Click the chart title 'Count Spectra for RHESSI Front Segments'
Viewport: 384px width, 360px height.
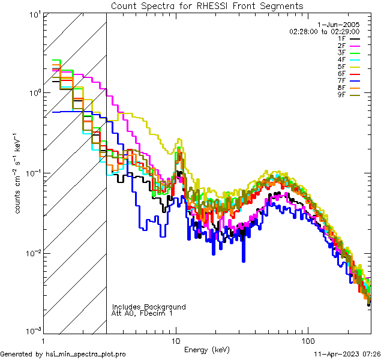pyautogui.click(x=207, y=6)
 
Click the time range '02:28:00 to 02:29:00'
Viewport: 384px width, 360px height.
pyautogui.click(x=332, y=31)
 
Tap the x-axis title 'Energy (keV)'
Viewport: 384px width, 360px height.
pyautogui.click(x=206, y=349)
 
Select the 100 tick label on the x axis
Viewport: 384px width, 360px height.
pyautogui.click(x=307, y=340)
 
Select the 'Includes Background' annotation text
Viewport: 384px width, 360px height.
pyautogui.click(x=149, y=307)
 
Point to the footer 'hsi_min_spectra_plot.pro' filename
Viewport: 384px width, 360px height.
pyautogui.click(x=86, y=355)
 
